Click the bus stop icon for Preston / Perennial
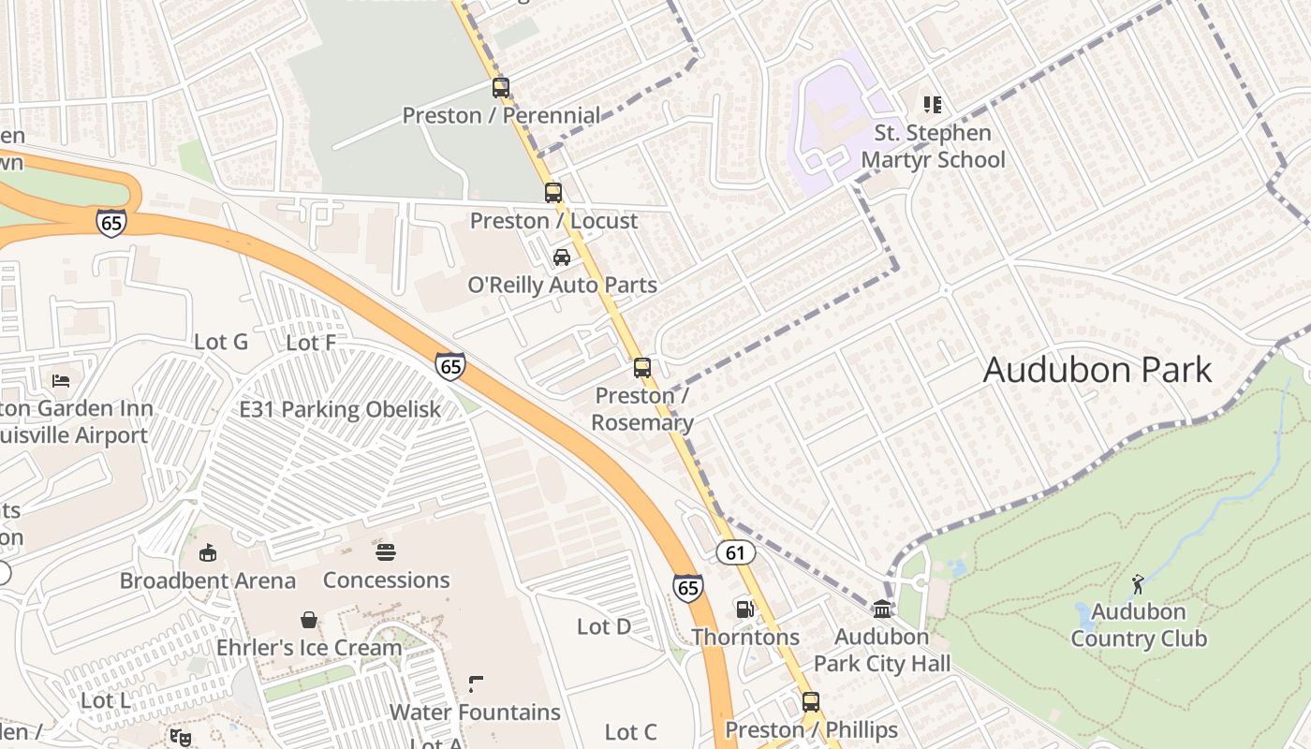[x=501, y=88]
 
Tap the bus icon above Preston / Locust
[x=553, y=193]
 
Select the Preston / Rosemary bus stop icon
[x=642, y=368]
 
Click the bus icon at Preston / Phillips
[x=811, y=702]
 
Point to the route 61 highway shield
[x=735, y=552]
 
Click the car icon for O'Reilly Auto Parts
[x=562, y=257]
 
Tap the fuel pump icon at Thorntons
[x=745, y=609]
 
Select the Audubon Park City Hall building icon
[x=882, y=609]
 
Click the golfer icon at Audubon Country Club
[x=1138, y=584]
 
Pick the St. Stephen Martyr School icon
[x=932, y=105]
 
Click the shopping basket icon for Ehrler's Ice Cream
[x=308, y=620]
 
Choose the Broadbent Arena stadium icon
[x=208, y=553]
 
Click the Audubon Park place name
[x=1097, y=370]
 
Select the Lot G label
[x=221, y=342]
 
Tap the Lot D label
[x=604, y=626]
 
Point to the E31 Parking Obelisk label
[x=340, y=409]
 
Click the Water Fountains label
[x=475, y=712]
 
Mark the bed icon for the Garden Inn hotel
[x=61, y=381]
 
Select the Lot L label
[x=105, y=699]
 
